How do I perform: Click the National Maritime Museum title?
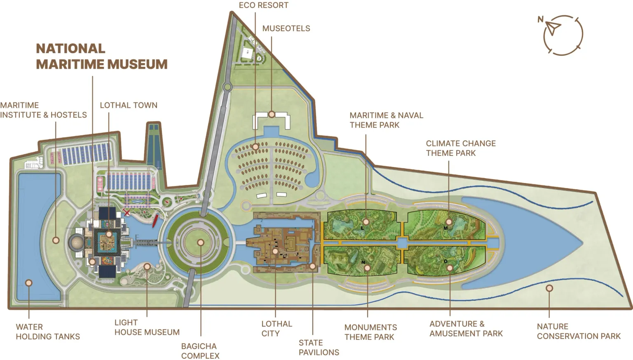101,56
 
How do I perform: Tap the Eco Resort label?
263,5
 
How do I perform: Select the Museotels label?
286,28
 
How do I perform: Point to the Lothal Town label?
129,105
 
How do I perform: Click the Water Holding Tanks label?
47,332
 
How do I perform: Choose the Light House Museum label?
147,327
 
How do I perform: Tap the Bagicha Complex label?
200,351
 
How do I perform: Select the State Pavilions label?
319,348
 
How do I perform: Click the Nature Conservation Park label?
578,331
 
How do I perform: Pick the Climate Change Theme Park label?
460,148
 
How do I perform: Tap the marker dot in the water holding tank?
29,283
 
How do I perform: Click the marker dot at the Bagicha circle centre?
200,242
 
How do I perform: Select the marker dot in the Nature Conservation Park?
549,288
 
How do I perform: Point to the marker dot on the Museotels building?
272,114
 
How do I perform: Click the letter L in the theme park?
362,228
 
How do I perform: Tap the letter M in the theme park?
445,228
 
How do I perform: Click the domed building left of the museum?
76,242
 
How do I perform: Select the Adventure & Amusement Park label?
466,329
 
